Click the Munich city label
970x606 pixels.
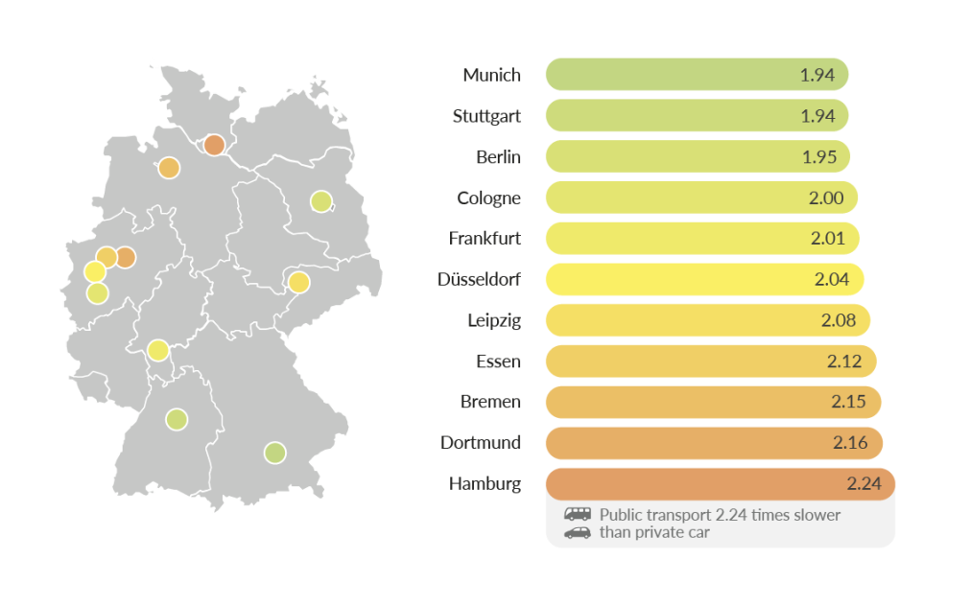[491, 75]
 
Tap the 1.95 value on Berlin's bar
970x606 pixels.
[819, 156]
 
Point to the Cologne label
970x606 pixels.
[488, 198]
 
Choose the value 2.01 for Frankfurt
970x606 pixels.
[828, 238]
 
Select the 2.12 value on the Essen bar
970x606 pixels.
[844, 361]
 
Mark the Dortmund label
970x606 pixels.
[481, 442]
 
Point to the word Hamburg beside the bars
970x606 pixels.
[485, 483]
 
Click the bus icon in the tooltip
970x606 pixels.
[578, 514]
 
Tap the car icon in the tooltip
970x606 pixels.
[578, 532]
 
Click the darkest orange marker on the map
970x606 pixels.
[214, 145]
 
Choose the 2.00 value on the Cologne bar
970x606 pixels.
[826, 198]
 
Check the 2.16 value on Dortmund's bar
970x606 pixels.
[851, 442]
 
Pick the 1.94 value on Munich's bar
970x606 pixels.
[817, 75]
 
